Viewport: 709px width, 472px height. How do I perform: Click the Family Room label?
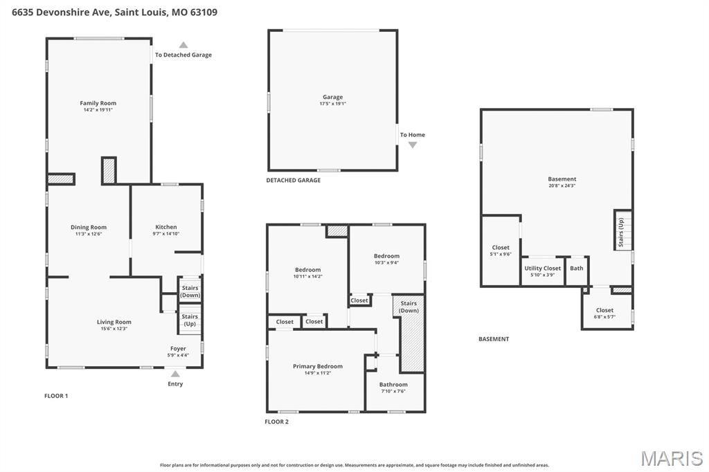(x=98, y=103)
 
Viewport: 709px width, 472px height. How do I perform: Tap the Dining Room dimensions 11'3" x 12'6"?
(x=89, y=234)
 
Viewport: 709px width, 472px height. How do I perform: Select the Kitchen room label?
(x=165, y=227)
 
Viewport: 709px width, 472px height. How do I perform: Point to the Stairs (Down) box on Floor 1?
(x=190, y=291)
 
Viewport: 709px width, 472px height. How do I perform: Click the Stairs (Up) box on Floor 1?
(x=190, y=320)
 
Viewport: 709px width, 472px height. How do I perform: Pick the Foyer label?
(x=178, y=348)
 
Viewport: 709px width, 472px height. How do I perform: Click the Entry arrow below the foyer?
(x=175, y=374)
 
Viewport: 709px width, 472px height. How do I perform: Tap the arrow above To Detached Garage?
(x=183, y=45)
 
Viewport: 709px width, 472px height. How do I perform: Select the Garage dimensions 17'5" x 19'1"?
(x=332, y=104)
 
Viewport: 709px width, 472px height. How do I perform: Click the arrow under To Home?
(x=413, y=145)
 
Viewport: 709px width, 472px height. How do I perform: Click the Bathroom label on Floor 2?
(x=393, y=384)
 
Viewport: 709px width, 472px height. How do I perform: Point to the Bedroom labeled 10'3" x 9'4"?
(x=386, y=259)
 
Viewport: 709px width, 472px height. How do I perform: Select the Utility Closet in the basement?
(x=542, y=271)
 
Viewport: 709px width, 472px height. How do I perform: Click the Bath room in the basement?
(x=576, y=269)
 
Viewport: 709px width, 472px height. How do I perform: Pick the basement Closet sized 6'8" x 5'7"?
(x=604, y=313)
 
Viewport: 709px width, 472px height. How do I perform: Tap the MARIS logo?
(x=671, y=458)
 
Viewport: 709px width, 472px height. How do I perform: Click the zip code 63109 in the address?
(x=203, y=12)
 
